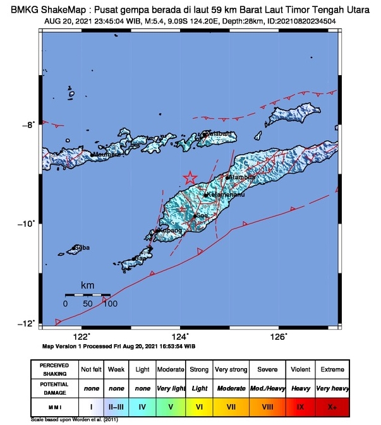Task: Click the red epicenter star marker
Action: (190, 178)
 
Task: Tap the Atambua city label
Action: (242, 177)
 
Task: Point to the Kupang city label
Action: (169, 231)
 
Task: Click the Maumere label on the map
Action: (106, 154)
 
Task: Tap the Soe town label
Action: (202, 215)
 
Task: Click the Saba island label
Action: (82, 248)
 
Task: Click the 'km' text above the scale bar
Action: (87, 286)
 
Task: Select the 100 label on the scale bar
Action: (111, 304)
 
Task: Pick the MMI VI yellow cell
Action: (198, 407)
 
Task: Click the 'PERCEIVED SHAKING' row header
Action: (54, 368)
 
